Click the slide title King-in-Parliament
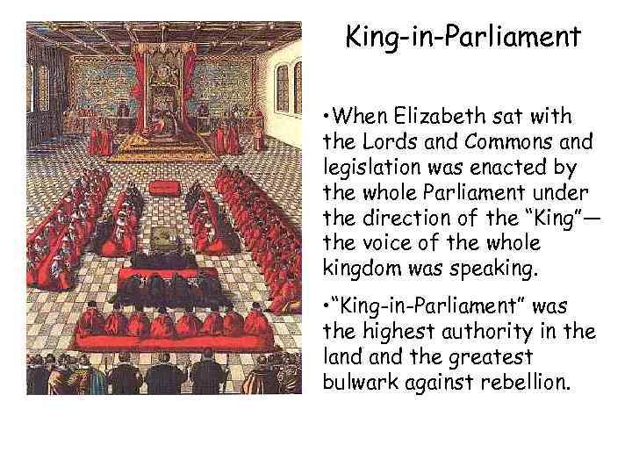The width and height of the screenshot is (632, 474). point(463,37)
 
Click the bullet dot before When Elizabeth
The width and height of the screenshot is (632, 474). point(326,118)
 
